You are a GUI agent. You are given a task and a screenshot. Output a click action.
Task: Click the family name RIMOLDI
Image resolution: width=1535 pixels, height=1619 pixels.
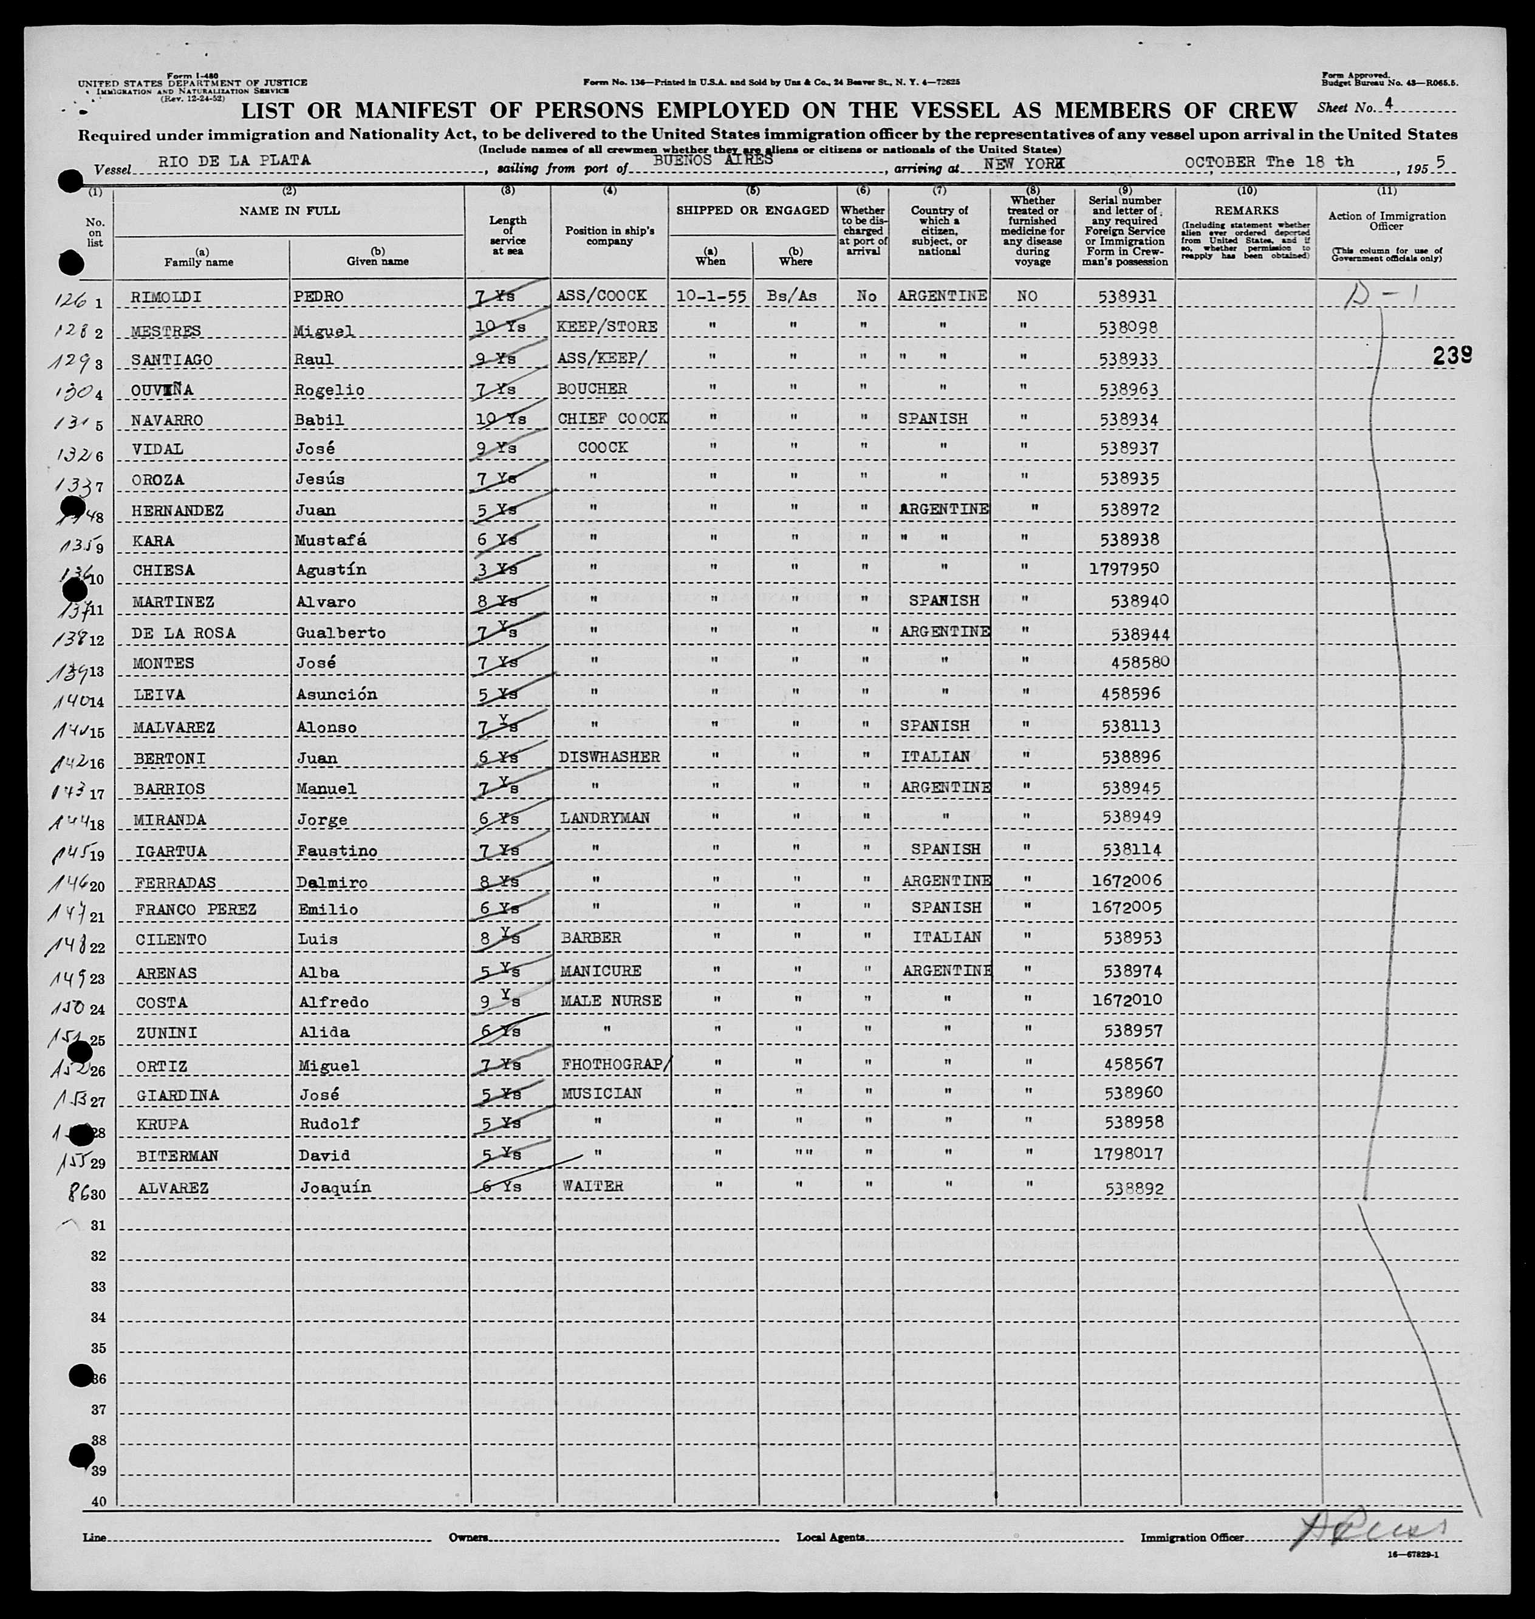coord(158,296)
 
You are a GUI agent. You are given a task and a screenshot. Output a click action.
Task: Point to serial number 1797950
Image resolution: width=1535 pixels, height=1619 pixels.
coord(1123,570)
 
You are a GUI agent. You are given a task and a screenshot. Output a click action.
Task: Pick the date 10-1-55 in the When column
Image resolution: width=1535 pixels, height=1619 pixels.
coord(709,296)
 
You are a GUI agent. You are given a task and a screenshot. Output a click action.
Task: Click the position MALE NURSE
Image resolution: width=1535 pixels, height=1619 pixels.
coord(610,1001)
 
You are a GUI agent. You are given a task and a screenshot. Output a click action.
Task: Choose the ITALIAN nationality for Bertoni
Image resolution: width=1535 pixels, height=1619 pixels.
coord(935,757)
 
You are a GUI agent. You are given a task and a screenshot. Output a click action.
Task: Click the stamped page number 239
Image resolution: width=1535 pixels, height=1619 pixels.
coord(1452,355)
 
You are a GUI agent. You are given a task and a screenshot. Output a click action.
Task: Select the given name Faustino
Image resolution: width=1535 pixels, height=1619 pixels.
coord(335,851)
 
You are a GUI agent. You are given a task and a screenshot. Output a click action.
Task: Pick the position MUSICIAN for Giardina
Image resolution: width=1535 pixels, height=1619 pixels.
coord(600,1094)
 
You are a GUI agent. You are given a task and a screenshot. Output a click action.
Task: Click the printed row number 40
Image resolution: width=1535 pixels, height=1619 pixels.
coord(98,1502)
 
